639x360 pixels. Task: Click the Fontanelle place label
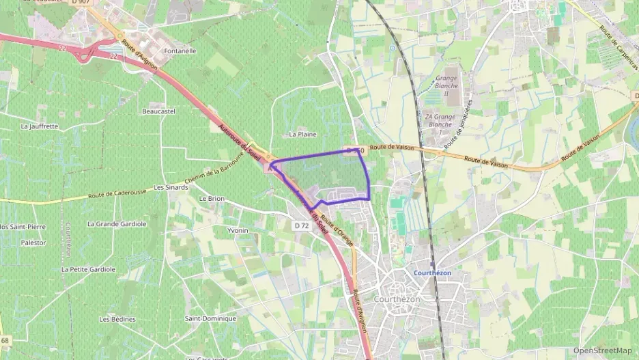tap(180, 51)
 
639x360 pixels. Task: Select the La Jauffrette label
tap(40, 126)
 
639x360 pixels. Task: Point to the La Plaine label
tap(302, 135)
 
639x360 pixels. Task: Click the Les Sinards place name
tap(171, 186)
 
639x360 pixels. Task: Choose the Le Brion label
tap(211, 198)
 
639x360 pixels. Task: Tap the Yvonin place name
tap(238, 231)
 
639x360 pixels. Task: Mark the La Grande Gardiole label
tap(117, 223)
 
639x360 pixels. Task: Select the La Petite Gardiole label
tap(88, 269)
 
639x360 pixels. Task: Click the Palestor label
tap(33, 243)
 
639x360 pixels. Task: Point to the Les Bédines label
tap(117, 319)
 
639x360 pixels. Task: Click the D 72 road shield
tap(302, 225)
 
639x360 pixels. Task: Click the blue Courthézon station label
tap(433, 273)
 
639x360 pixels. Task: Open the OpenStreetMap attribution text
tap(602, 350)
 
